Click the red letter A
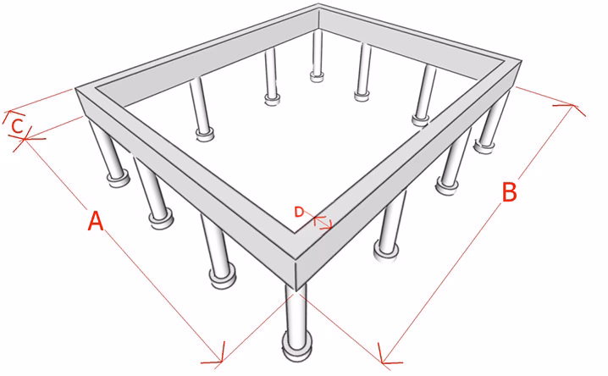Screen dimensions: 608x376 pyautogui.click(x=96, y=220)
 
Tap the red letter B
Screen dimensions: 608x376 pyautogui.click(x=509, y=191)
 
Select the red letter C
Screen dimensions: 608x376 pyautogui.click(x=17, y=126)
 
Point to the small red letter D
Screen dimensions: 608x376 pyautogui.click(x=299, y=212)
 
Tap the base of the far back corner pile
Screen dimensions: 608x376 pyautogui.click(x=317, y=76)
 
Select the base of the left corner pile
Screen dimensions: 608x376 pyautogui.click(x=119, y=179)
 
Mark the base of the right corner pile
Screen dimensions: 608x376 pyautogui.click(x=484, y=147)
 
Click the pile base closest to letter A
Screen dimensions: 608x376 pyautogui.click(x=161, y=219)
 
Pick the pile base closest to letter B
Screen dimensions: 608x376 pyautogui.click(x=447, y=185)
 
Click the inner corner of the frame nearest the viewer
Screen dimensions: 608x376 pyautogui.click(x=296, y=233)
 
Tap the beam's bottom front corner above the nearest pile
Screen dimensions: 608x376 pyautogui.click(x=296, y=291)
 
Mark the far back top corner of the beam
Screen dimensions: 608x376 pyautogui.click(x=318, y=4)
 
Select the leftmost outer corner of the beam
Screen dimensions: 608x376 pyautogui.click(x=75, y=89)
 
